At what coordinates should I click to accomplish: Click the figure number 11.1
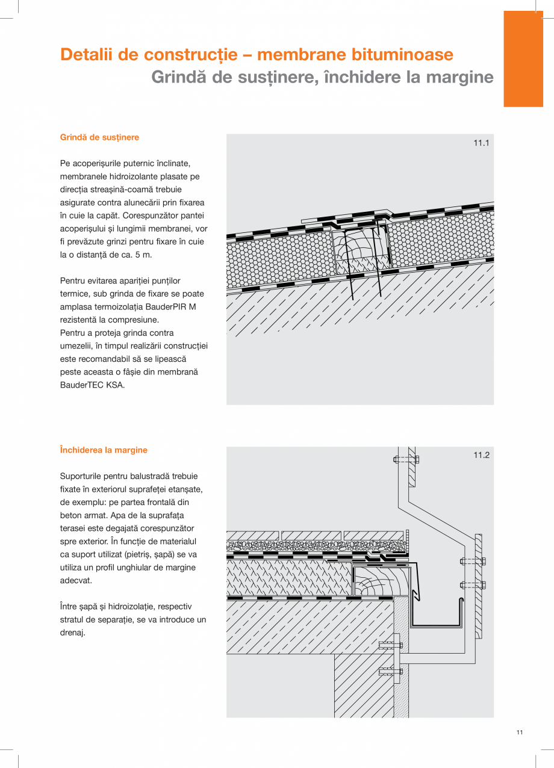pos(481,143)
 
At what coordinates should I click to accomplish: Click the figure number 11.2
pos(481,456)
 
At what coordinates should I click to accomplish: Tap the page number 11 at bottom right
pos(519,732)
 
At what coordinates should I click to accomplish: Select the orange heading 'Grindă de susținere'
pos(99,137)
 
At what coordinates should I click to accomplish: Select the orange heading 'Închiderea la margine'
pos(104,450)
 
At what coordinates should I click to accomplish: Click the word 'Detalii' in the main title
pos(87,55)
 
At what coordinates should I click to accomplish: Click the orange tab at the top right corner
pos(523,58)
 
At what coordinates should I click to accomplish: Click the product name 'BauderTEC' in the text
pos(82,385)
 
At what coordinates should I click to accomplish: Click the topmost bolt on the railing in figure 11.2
pos(406,459)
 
